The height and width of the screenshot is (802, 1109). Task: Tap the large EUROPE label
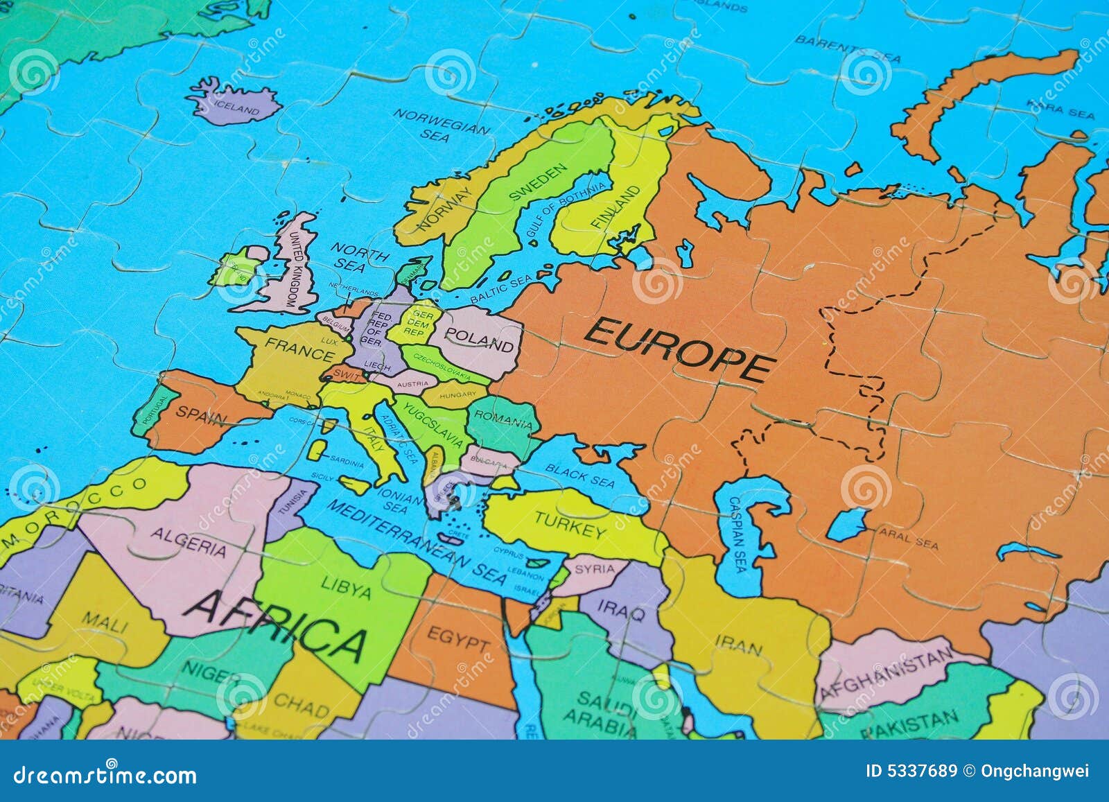click(x=678, y=349)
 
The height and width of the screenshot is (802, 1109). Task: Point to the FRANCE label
click(x=299, y=350)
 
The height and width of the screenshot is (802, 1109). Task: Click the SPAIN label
click(x=201, y=415)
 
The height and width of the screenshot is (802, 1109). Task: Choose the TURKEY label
click(x=570, y=526)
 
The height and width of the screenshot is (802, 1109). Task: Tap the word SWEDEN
click(x=538, y=182)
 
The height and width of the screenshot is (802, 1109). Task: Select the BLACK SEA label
click(x=579, y=475)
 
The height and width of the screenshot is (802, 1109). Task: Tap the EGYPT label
click(x=457, y=638)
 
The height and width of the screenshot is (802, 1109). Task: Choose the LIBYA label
click(x=346, y=587)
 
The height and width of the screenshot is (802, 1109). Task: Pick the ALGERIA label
click(x=188, y=541)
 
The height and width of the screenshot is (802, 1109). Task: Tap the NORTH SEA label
click(x=356, y=256)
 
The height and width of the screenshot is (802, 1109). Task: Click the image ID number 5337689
click(x=911, y=771)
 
